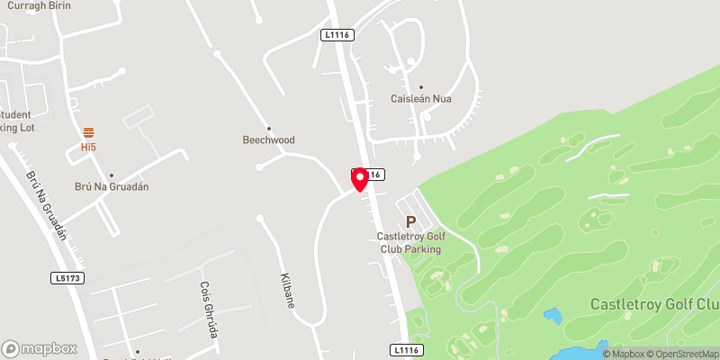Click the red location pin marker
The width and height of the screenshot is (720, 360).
(360, 178)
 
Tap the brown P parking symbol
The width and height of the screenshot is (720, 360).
(411, 221)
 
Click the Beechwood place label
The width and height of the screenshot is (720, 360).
(268, 140)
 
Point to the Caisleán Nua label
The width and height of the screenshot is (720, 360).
(420, 98)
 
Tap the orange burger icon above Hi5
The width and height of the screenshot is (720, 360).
(88, 132)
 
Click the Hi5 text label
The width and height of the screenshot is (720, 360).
(88, 146)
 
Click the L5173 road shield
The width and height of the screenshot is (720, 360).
(67, 279)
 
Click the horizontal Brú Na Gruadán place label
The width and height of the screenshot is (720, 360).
(111, 187)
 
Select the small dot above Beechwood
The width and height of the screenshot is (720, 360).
(268, 128)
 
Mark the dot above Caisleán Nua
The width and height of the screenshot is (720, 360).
(420, 86)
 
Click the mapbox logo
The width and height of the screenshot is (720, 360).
(39, 348)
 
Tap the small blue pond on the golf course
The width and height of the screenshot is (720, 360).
(553, 317)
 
